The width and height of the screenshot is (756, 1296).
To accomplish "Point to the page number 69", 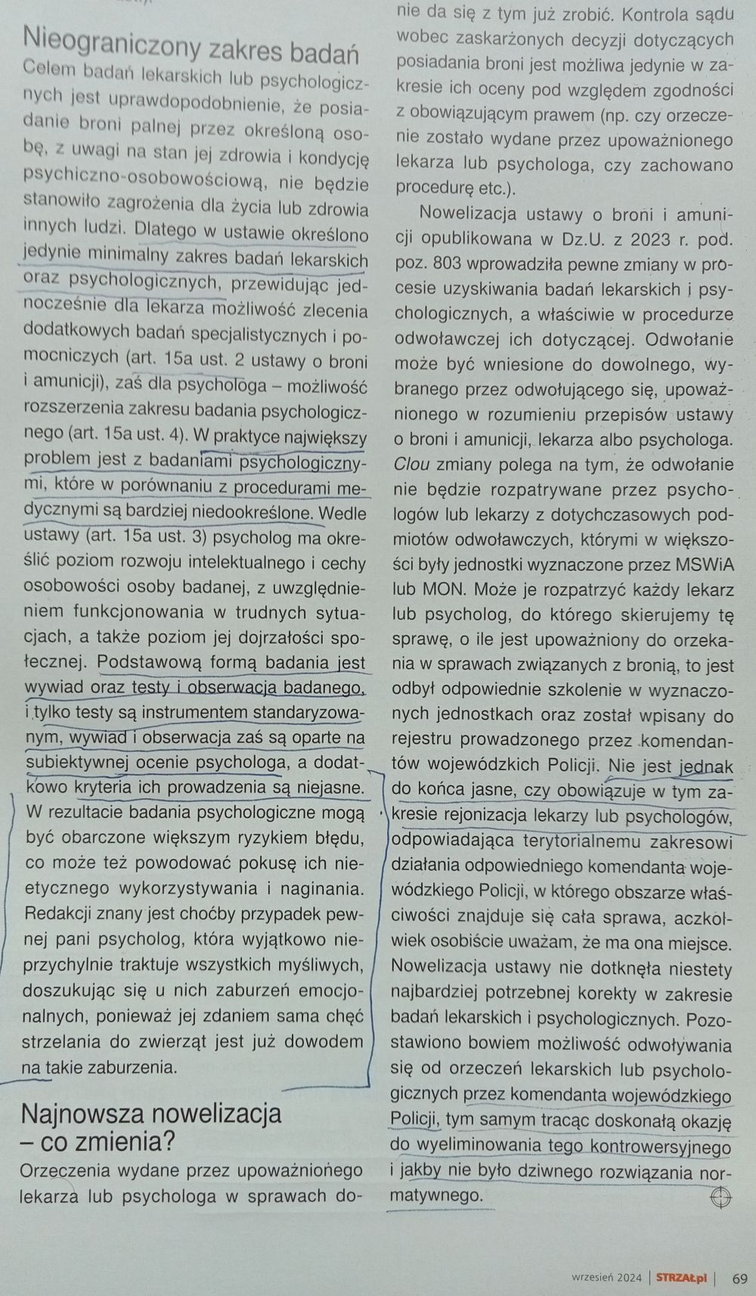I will [x=739, y=1278].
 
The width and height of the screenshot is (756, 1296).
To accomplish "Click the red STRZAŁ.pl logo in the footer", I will [x=681, y=1278].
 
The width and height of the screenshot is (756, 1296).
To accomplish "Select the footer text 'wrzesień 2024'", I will [x=606, y=1278].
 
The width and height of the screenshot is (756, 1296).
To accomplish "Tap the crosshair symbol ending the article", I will [x=720, y=1197].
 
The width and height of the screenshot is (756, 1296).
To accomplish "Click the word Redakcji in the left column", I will [x=57, y=913].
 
